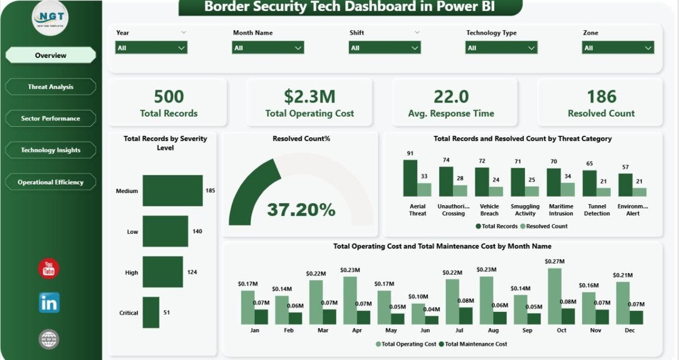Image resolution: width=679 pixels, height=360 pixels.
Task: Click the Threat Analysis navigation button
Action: click(x=51, y=87)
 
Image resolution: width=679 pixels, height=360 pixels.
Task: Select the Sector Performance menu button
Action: click(x=51, y=118)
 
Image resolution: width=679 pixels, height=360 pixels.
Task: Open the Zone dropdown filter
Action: click(x=618, y=48)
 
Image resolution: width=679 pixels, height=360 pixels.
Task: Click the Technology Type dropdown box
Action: click(x=501, y=48)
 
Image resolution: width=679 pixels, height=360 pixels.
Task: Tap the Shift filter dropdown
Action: click(x=384, y=48)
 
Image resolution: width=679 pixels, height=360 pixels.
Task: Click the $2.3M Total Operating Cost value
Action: click(x=309, y=96)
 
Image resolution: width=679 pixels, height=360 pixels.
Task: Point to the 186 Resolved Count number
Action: click(x=602, y=96)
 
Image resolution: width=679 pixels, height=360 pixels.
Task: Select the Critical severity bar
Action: click(x=151, y=312)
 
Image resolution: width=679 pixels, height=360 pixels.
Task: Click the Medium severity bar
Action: click(x=172, y=191)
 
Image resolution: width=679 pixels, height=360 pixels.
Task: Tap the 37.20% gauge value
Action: click(x=301, y=210)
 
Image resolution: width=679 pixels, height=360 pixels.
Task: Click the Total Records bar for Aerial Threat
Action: click(x=410, y=178)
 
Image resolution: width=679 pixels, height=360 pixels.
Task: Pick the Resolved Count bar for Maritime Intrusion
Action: click(x=568, y=189)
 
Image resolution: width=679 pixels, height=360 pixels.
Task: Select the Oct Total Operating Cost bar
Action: click(x=554, y=296)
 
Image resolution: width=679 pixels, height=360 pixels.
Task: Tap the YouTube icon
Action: click(x=49, y=269)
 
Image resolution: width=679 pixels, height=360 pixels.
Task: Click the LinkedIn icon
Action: click(x=49, y=303)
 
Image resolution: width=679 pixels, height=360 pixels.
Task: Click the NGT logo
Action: click(x=50, y=18)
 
